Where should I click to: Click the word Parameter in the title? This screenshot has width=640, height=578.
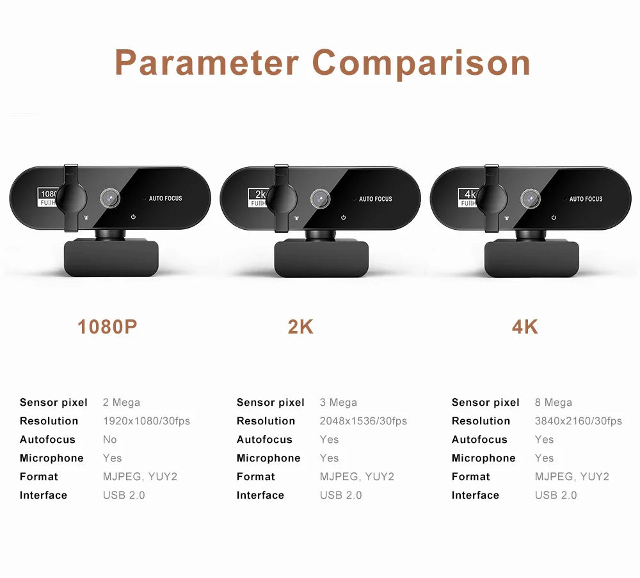(207, 63)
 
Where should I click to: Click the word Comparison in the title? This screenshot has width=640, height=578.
(421, 63)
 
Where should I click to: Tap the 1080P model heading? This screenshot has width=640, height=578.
(107, 327)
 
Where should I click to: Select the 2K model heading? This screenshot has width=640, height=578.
(300, 327)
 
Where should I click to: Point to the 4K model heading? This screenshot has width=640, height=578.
(525, 327)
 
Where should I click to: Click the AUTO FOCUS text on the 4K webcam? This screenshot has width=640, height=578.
(586, 199)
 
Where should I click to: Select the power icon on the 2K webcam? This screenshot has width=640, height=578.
(344, 218)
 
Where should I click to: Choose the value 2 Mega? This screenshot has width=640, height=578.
(121, 403)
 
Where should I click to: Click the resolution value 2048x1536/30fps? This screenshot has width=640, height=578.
(363, 421)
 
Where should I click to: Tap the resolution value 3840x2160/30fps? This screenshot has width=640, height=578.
(578, 421)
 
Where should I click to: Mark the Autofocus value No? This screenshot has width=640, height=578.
(109, 440)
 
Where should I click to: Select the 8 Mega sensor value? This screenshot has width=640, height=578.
(553, 403)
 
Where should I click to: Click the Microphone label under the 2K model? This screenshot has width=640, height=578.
(268, 458)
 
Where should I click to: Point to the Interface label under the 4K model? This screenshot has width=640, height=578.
(475, 495)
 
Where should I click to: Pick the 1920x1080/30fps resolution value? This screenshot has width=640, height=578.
(146, 421)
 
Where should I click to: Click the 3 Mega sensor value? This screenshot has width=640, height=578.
(338, 403)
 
